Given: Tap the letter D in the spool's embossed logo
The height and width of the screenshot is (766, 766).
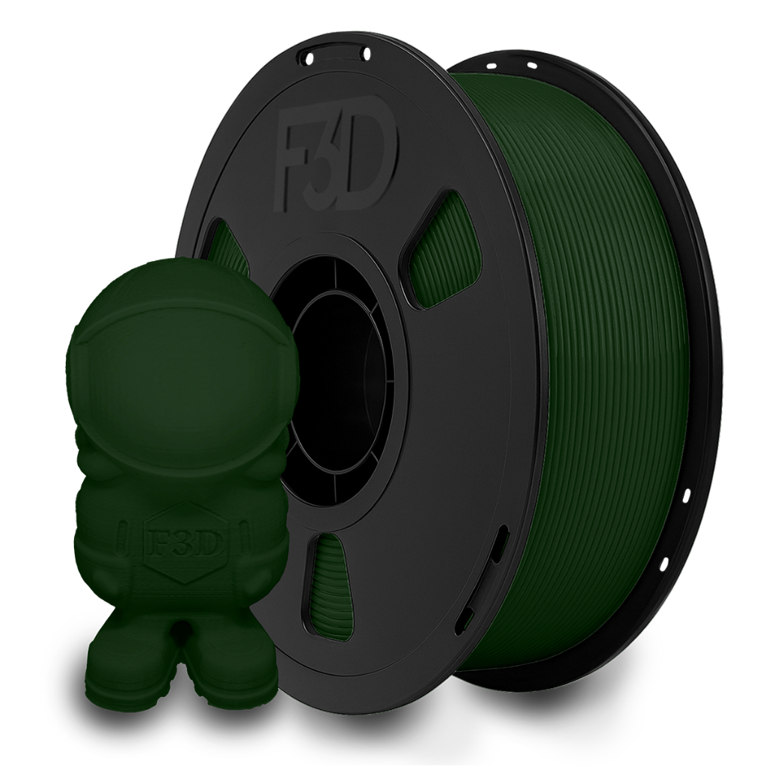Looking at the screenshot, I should [x=375, y=163].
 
